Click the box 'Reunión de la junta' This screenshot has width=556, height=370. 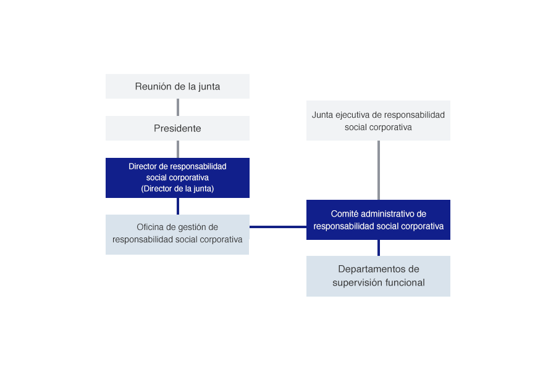point(177,86)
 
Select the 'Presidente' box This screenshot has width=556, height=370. point(177,128)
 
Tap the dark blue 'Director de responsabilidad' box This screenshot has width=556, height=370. point(177,178)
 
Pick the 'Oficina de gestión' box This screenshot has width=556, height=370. point(177,234)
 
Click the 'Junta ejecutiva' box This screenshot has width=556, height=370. point(378,121)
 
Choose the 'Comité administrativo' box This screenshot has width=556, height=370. point(378,220)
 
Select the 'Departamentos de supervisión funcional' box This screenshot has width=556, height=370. point(378,276)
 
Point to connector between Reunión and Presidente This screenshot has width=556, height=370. point(178,107)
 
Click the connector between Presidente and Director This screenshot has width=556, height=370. point(178,149)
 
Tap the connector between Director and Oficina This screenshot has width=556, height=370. point(178,206)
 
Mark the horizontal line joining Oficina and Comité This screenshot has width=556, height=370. point(277,227)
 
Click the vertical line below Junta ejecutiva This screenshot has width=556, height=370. point(379,170)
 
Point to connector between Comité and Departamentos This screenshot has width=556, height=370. point(379,248)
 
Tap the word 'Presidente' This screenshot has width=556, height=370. point(177,128)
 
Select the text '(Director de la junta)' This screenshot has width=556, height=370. point(177,189)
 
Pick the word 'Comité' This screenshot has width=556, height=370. point(345,213)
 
